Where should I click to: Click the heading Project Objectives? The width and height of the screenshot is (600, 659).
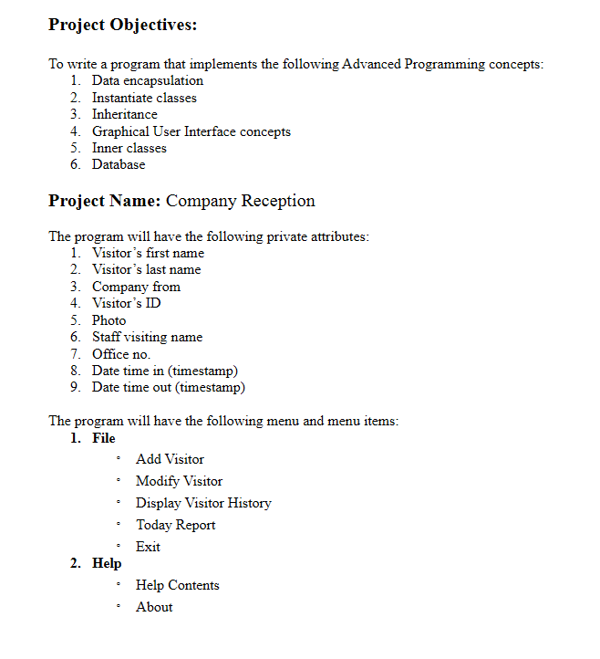[122, 26]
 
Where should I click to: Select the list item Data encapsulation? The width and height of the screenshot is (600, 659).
[147, 81]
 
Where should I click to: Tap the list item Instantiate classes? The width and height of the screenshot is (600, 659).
[144, 98]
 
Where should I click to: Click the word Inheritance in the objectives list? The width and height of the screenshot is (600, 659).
[124, 114]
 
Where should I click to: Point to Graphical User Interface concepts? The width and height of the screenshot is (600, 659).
[191, 131]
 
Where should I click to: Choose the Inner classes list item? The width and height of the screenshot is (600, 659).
[129, 148]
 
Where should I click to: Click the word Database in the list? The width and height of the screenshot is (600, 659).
[119, 164]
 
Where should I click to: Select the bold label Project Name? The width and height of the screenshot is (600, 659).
[104, 201]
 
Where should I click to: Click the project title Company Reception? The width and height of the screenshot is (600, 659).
[240, 201]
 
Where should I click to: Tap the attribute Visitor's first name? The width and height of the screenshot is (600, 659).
[148, 253]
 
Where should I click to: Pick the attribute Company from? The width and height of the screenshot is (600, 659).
[136, 287]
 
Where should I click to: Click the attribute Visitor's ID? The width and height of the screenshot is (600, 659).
[126, 303]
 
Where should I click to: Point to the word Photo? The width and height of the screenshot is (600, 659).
[109, 320]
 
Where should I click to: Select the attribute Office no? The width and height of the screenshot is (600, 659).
[121, 353]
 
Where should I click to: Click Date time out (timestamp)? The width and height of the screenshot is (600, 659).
[168, 387]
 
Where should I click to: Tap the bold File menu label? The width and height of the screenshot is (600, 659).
[103, 438]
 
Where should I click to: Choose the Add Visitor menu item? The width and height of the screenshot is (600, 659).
[170, 459]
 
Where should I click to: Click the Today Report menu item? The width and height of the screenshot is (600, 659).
[176, 525]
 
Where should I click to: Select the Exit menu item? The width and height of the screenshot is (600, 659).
[148, 547]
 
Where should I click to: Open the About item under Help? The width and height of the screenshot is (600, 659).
[154, 607]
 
